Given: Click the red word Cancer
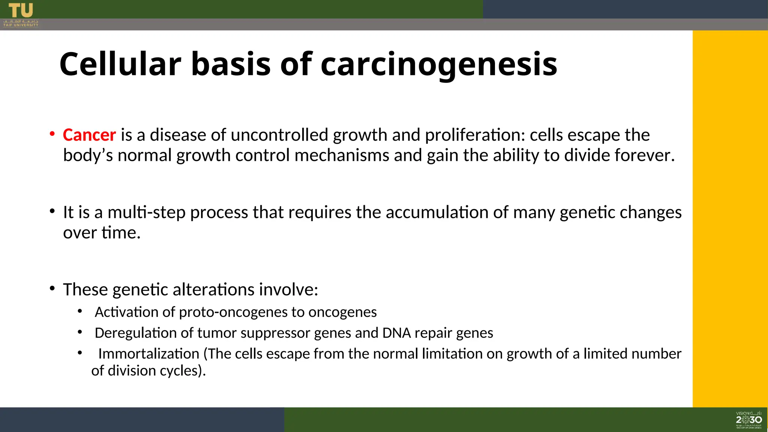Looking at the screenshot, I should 89,135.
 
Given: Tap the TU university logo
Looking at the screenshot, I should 21,15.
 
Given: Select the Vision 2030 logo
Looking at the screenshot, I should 748,420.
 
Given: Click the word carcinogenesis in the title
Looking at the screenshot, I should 439,64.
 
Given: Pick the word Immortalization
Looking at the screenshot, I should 148,354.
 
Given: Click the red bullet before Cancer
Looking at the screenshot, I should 52,134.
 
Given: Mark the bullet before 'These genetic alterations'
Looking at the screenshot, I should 52,288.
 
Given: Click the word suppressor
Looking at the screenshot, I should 274,333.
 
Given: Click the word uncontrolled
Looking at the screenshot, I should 279,135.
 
